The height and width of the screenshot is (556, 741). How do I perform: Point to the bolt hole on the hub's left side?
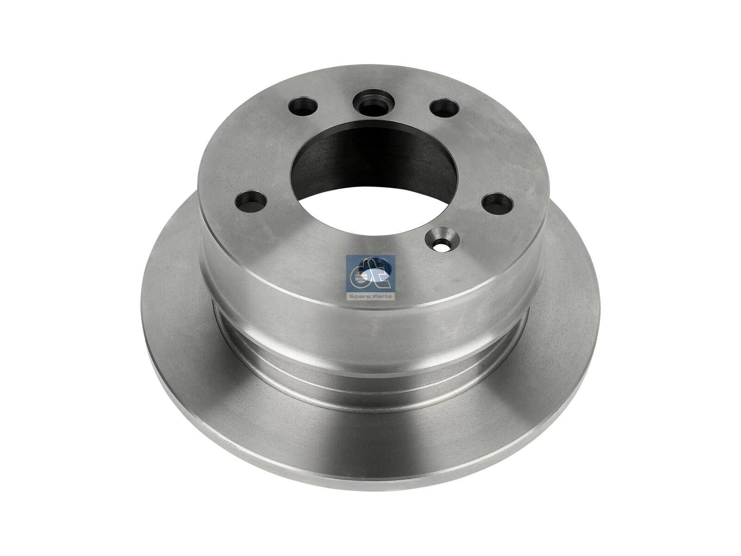[251, 201]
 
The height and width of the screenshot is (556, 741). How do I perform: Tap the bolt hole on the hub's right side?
[497, 202]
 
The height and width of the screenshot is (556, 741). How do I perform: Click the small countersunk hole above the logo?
[442, 239]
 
